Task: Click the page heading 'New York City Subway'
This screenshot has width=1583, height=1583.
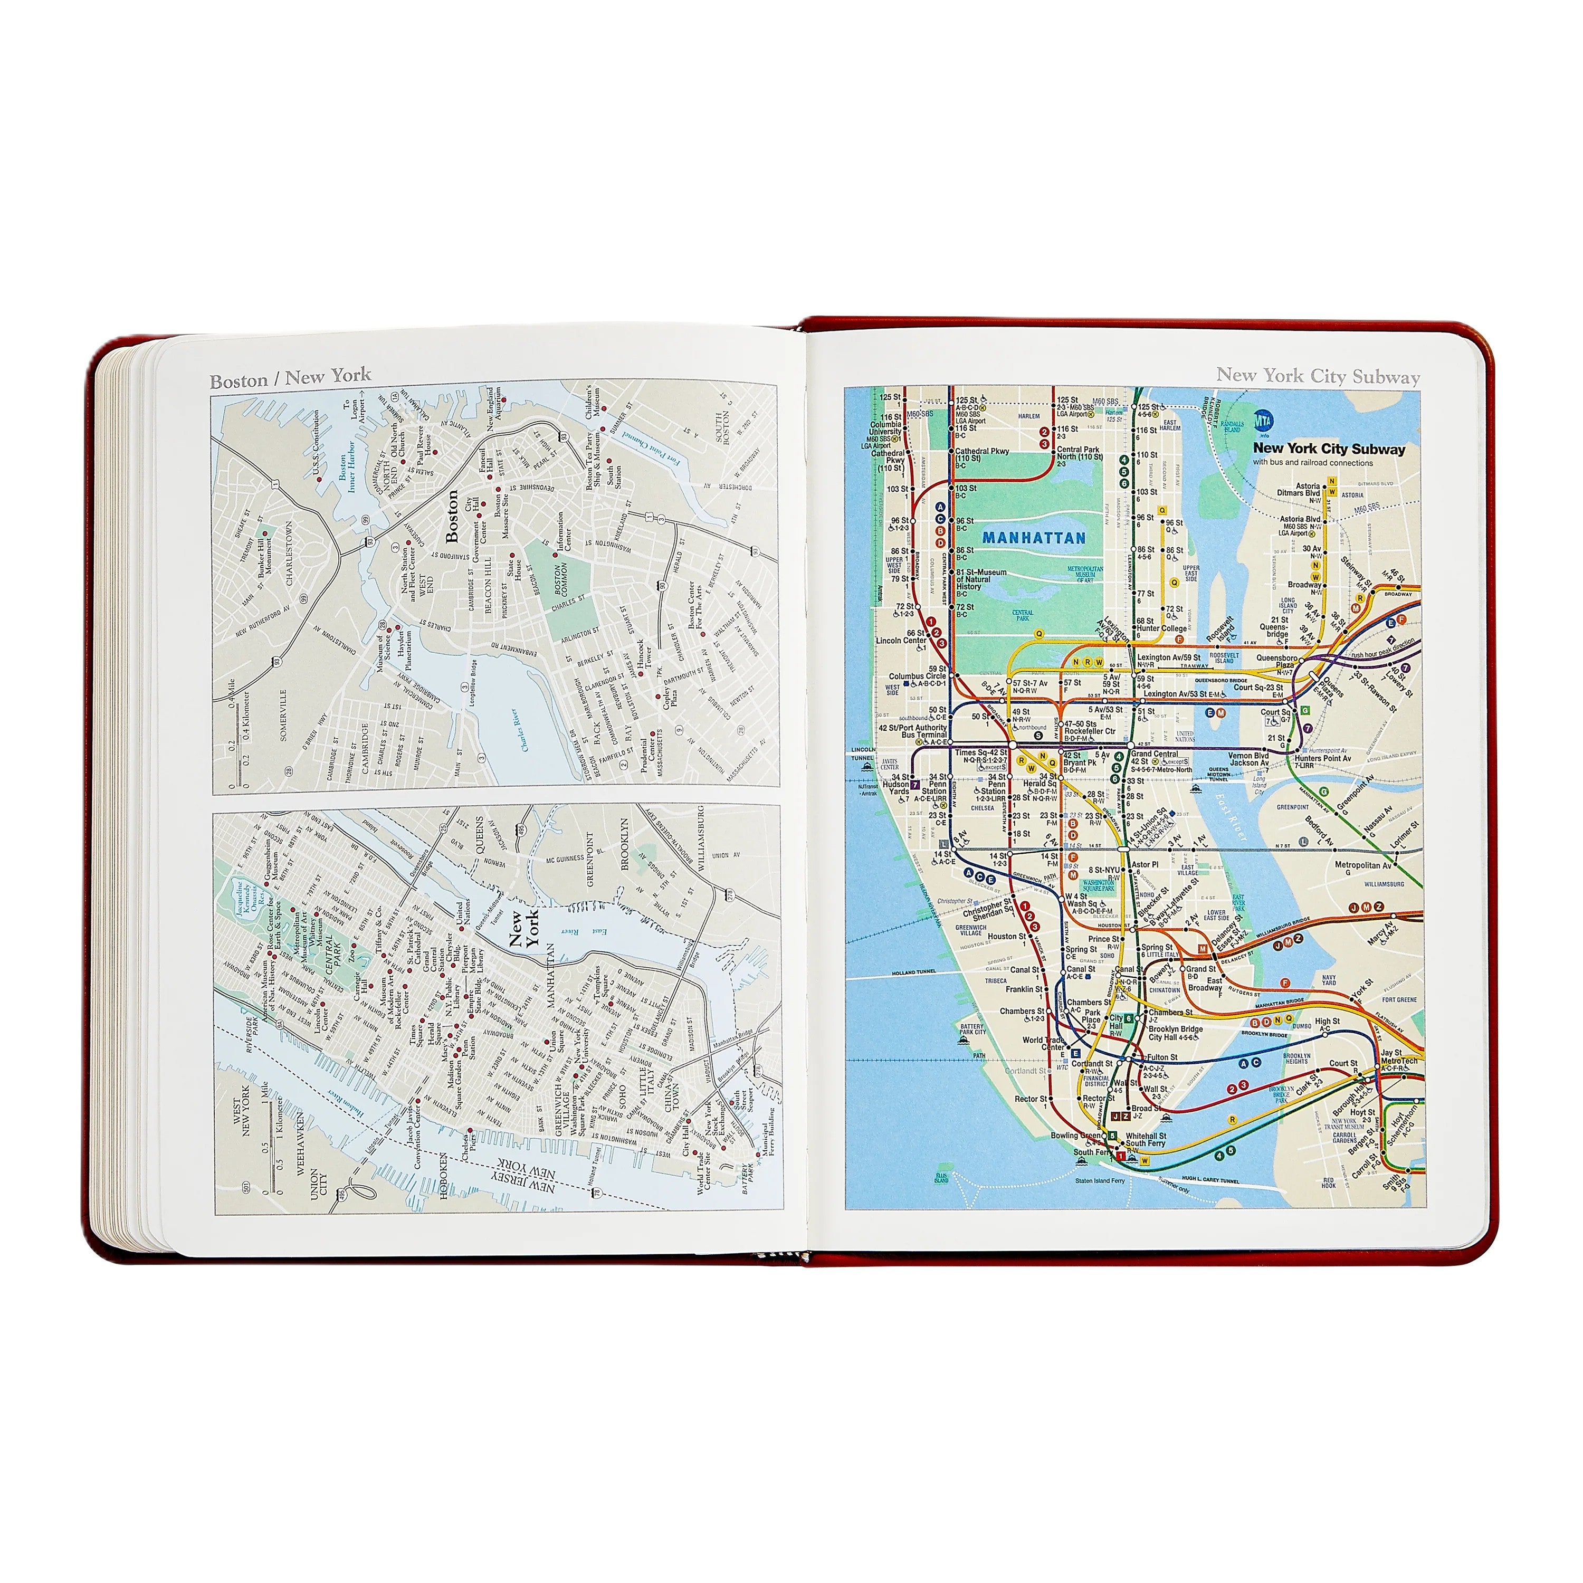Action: [x=1318, y=376]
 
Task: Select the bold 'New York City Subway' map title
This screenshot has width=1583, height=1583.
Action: [x=1328, y=449]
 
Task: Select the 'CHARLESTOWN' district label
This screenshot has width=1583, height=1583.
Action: [x=289, y=553]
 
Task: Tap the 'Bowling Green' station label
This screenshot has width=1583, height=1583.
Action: [x=1076, y=1136]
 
